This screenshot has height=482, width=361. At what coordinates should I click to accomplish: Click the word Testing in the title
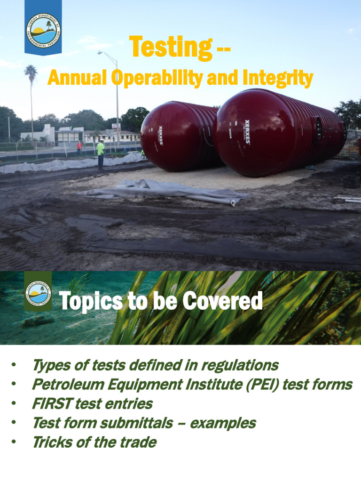coord(170,48)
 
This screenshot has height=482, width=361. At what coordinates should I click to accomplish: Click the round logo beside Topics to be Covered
coord(38,293)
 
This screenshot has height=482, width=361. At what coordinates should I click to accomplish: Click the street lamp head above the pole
coord(100,53)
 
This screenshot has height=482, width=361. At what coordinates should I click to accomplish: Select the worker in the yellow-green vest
coord(100,153)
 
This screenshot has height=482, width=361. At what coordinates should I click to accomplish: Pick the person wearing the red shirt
coord(79,146)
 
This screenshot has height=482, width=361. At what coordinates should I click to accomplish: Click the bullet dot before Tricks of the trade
coord(15,442)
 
